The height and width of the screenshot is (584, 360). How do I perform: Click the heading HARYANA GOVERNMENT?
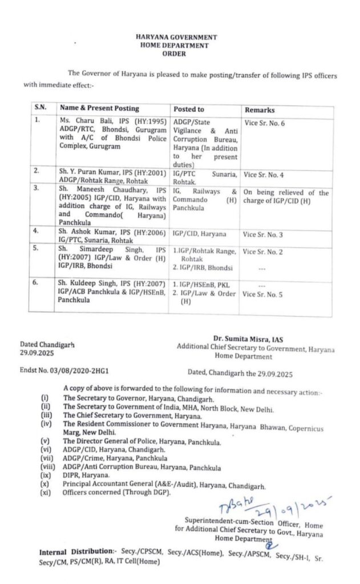(176, 37)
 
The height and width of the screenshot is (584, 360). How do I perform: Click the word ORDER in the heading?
(176, 54)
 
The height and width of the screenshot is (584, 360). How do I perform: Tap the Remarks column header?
(260, 109)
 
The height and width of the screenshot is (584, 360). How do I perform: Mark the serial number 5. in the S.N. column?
(37, 249)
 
